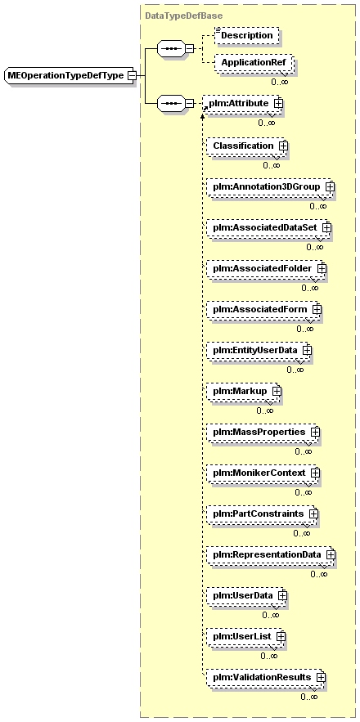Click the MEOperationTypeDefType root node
[x=66, y=75]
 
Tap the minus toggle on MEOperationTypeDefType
[x=132, y=75]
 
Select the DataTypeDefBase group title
[x=184, y=16]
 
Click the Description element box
[x=247, y=35]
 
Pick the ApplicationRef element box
[x=254, y=62]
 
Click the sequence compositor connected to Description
[x=172, y=48]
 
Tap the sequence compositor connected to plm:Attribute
[x=172, y=104]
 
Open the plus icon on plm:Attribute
[x=278, y=104]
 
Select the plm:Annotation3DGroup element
[x=270, y=186]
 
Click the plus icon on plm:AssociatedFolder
[x=322, y=267]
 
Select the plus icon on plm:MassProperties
[x=315, y=432]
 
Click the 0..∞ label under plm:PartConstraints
[x=301, y=533]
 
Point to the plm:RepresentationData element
[x=271, y=555]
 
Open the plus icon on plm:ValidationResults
[x=321, y=677]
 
